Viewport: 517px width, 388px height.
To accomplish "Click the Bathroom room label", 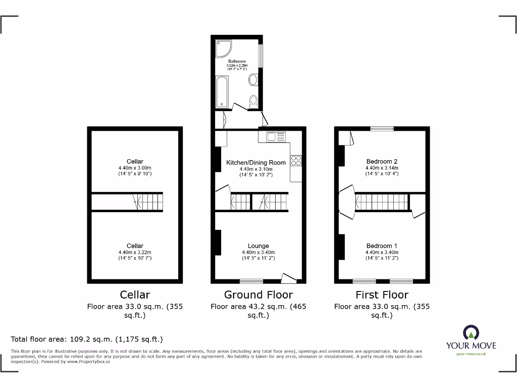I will (237, 61).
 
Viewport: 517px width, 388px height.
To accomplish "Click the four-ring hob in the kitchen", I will (296, 160).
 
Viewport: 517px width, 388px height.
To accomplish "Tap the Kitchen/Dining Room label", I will (256, 162).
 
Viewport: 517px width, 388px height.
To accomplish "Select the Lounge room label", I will (258, 246).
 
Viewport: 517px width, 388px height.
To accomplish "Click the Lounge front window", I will (251, 281).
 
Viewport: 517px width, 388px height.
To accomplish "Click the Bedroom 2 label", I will (382, 162).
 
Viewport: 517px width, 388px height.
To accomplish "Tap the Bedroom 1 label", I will (382, 246).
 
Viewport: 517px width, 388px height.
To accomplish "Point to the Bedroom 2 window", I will (382, 129).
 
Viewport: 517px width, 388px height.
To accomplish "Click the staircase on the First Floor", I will (382, 202).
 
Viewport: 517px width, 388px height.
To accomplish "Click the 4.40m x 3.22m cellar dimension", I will (135, 252).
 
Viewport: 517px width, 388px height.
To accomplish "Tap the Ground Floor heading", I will (258, 295).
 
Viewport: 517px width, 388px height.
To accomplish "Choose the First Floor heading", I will (382, 295).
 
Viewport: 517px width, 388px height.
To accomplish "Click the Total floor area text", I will (87, 339).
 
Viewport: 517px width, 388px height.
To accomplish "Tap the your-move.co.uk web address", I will (471, 354).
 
